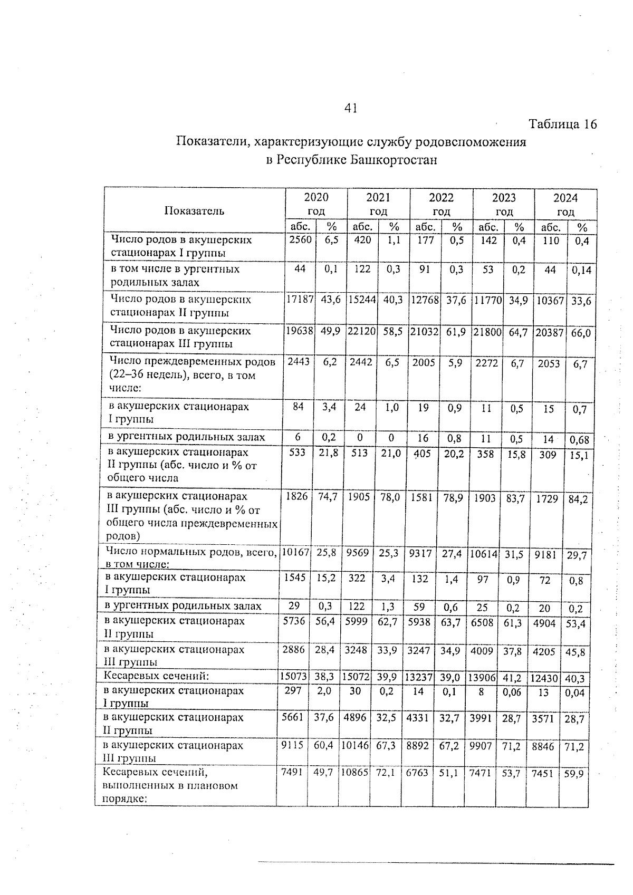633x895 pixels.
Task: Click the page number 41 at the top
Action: click(351, 108)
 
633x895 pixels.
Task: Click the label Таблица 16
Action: click(562, 124)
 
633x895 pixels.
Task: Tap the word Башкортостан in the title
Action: click(394, 159)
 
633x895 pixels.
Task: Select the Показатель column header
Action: click(194, 211)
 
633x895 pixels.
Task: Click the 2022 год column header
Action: click(441, 204)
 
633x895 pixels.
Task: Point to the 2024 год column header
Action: click(565, 205)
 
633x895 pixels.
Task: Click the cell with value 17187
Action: click(300, 299)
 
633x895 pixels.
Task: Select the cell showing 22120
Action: click(362, 331)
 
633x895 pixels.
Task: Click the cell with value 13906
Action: click(482, 677)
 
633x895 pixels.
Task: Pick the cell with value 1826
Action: click(296, 496)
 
